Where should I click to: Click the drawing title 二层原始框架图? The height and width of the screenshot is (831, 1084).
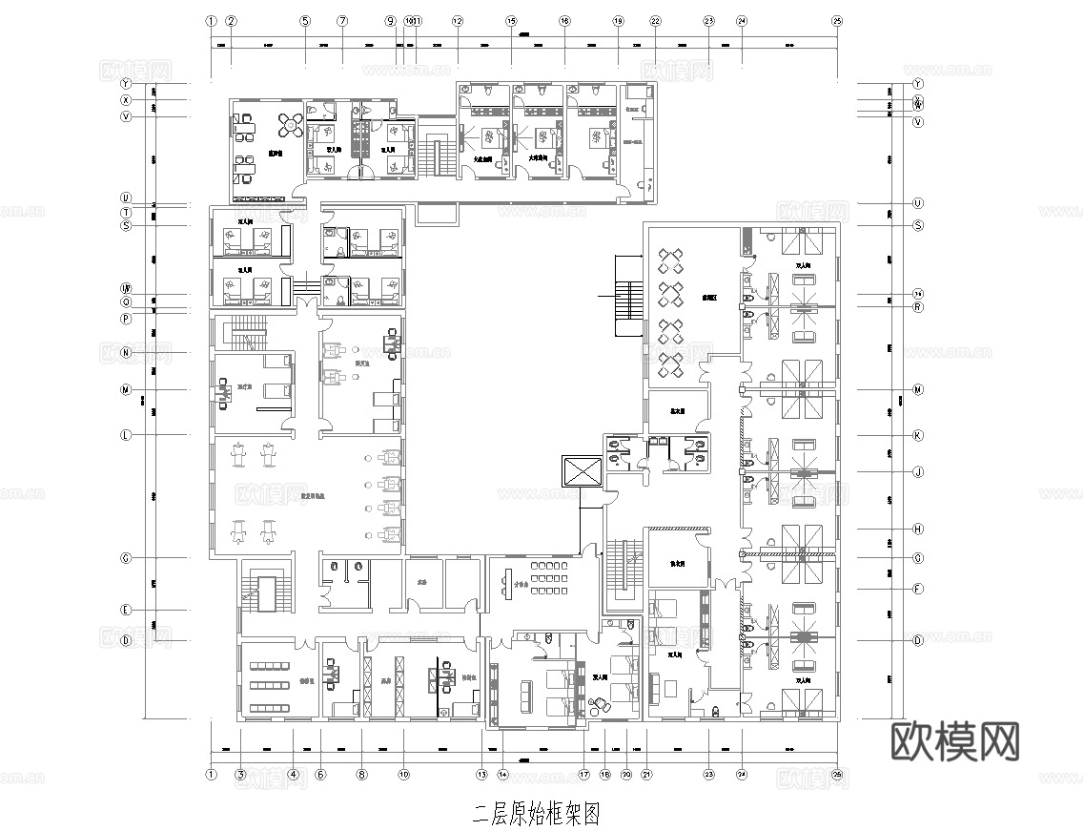[x=537, y=814]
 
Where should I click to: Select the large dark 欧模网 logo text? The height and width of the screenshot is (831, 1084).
[x=955, y=740]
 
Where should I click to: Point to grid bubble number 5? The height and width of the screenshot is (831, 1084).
[x=305, y=20]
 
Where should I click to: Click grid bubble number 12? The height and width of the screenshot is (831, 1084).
[x=458, y=20]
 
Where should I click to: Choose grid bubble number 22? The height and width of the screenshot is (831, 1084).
[x=655, y=20]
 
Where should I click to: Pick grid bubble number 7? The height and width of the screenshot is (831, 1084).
[x=342, y=20]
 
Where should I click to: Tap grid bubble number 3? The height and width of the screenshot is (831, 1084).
[x=241, y=775]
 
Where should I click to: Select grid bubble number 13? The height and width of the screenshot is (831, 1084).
[x=482, y=775]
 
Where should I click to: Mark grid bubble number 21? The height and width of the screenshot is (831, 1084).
[x=646, y=775]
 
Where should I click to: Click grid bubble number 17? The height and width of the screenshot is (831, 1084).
[x=584, y=775]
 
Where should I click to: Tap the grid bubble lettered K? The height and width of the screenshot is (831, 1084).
[x=918, y=435]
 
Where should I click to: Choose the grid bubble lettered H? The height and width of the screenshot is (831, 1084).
[x=918, y=529]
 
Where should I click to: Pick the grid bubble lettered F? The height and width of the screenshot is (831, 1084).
[x=918, y=589]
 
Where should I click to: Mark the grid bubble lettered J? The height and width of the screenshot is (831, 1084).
[x=918, y=471]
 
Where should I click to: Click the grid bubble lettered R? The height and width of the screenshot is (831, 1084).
[x=918, y=307]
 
